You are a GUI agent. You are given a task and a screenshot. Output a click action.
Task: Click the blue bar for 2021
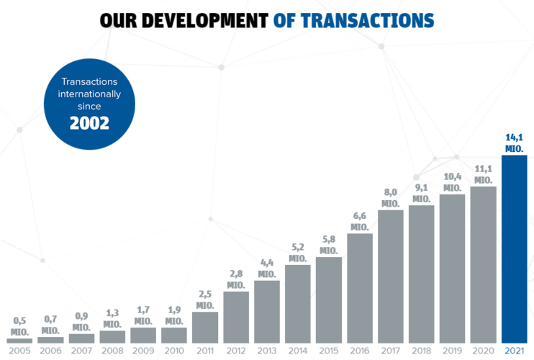point(514,248)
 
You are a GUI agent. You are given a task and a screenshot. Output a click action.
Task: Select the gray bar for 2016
point(359,288)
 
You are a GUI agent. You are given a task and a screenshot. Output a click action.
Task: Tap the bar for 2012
point(235,317)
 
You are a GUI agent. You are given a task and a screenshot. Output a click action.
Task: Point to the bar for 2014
point(297,303)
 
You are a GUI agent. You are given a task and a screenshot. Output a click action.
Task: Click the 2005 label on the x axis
point(19,351)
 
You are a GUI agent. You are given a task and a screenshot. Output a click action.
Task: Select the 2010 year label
point(173,351)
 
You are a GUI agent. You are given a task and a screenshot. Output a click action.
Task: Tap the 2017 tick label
point(390,351)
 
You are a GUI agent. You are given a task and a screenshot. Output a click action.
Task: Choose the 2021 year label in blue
point(514,351)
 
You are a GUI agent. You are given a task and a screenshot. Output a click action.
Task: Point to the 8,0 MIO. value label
point(390,198)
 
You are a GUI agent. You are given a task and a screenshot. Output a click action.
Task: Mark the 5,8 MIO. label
point(328,245)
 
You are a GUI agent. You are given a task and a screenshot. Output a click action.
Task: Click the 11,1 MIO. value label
point(483,174)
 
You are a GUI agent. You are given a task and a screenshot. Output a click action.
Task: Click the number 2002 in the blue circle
point(89,122)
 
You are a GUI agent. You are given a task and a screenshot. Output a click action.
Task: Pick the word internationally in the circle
point(89,94)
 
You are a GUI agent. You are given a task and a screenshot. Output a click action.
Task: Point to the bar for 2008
point(112,336)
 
